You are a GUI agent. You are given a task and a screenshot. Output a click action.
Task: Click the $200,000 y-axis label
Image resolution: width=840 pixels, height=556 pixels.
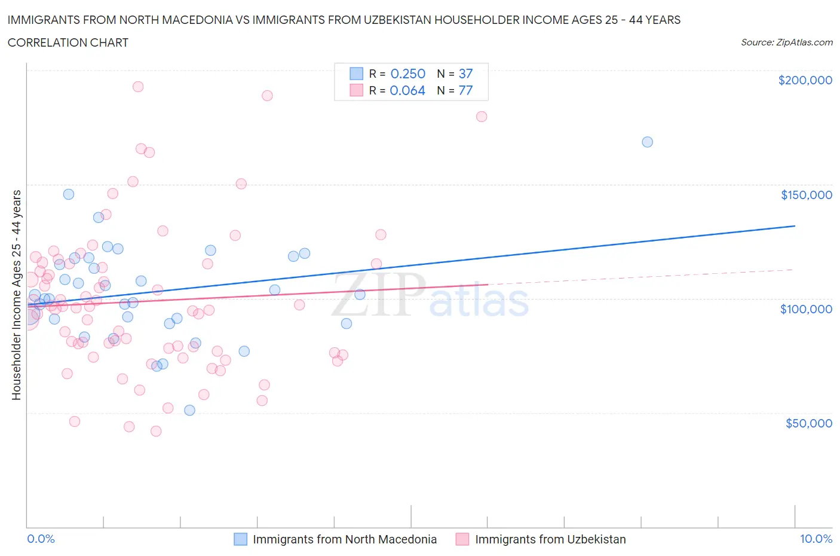click(805, 80)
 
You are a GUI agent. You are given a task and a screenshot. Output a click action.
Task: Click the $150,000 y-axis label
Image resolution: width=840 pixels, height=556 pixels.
click(806, 195)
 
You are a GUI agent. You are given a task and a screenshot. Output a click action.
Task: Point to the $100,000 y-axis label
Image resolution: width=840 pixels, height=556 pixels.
click(806, 309)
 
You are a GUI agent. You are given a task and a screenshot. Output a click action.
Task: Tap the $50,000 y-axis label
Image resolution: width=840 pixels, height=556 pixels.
click(808, 423)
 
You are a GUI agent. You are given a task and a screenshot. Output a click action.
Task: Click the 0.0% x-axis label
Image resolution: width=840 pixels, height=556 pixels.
click(41, 539)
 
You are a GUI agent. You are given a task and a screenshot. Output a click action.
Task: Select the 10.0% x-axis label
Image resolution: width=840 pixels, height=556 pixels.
click(816, 539)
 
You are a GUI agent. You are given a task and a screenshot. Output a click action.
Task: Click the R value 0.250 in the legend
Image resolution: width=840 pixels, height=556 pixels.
click(407, 74)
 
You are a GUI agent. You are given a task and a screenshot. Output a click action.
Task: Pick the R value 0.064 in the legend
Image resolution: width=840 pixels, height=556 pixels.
click(407, 90)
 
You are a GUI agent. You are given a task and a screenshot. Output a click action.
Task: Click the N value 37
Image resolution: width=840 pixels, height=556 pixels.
click(465, 74)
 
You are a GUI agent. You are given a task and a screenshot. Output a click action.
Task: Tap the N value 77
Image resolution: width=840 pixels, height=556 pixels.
click(465, 90)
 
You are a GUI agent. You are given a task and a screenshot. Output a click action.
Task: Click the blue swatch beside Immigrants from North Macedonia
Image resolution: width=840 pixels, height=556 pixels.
click(240, 539)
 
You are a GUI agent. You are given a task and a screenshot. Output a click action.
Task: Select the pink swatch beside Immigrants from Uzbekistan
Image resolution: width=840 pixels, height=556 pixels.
click(462, 539)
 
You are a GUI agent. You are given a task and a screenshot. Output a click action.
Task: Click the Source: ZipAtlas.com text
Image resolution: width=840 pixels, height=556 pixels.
click(786, 42)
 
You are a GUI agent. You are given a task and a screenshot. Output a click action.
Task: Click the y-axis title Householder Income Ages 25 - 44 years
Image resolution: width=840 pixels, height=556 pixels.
click(16, 295)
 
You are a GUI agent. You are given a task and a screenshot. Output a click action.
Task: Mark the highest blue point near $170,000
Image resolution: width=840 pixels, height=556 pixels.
click(647, 142)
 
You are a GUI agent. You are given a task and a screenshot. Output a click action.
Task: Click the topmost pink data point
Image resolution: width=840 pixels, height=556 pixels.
click(138, 86)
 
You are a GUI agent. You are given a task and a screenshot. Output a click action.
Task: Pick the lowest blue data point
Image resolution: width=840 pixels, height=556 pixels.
click(189, 410)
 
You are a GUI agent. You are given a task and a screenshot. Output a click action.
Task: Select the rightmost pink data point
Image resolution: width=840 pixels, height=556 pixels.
click(482, 117)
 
